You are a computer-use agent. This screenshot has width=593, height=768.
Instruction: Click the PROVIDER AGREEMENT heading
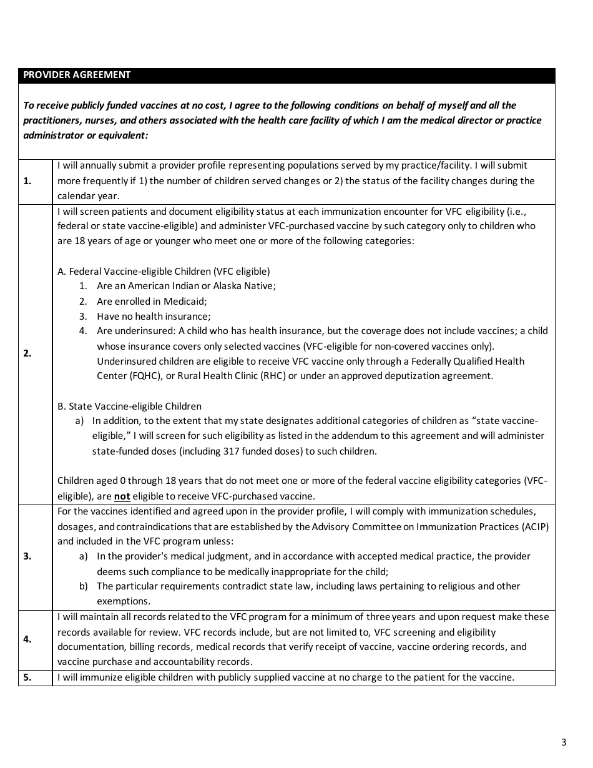click(77, 75)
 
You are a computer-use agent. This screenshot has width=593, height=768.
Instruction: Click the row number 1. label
click(27, 181)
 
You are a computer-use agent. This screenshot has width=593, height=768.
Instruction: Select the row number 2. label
click(27, 353)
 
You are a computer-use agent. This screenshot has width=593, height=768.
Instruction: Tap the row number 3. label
click(27, 556)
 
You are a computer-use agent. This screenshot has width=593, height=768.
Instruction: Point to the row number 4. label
click(27, 639)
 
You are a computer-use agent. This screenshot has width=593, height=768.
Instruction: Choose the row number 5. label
click(27, 677)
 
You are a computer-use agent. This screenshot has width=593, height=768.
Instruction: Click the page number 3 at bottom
click(564, 742)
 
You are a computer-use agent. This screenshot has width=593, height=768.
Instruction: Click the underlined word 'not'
click(122, 496)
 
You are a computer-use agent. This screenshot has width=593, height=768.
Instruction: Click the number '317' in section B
click(231, 451)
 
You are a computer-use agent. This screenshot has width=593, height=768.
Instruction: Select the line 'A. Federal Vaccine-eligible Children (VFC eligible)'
click(164, 271)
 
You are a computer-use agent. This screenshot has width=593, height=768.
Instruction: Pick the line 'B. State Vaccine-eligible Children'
click(129, 406)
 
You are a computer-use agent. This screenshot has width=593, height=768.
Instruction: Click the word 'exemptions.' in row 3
click(124, 601)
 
